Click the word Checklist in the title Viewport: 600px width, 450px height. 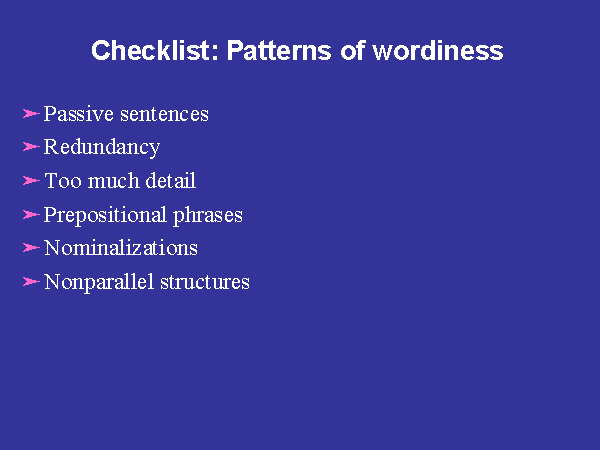pos(155,50)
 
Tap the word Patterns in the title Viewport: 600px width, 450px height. pos(279,50)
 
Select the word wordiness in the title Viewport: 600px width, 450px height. pos(438,50)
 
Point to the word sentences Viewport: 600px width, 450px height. pos(165,114)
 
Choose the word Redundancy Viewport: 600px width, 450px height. pos(102,148)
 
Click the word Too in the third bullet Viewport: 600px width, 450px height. pos(63,181)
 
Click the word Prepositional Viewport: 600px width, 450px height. pos(105,215)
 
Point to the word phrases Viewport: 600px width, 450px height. pos(208,215)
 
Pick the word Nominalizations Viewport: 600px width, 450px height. pos(121,248)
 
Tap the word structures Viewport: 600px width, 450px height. pos(205,282)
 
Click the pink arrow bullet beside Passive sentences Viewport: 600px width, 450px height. pos(31,114)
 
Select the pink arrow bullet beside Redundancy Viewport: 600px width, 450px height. pos(31,147)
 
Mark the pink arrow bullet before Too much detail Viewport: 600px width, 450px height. pos(31,181)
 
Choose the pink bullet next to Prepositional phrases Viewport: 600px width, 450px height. pos(31,214)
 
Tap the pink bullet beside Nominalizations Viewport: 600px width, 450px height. pos(31,248)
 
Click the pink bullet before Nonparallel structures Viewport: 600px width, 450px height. pos(31,282)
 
